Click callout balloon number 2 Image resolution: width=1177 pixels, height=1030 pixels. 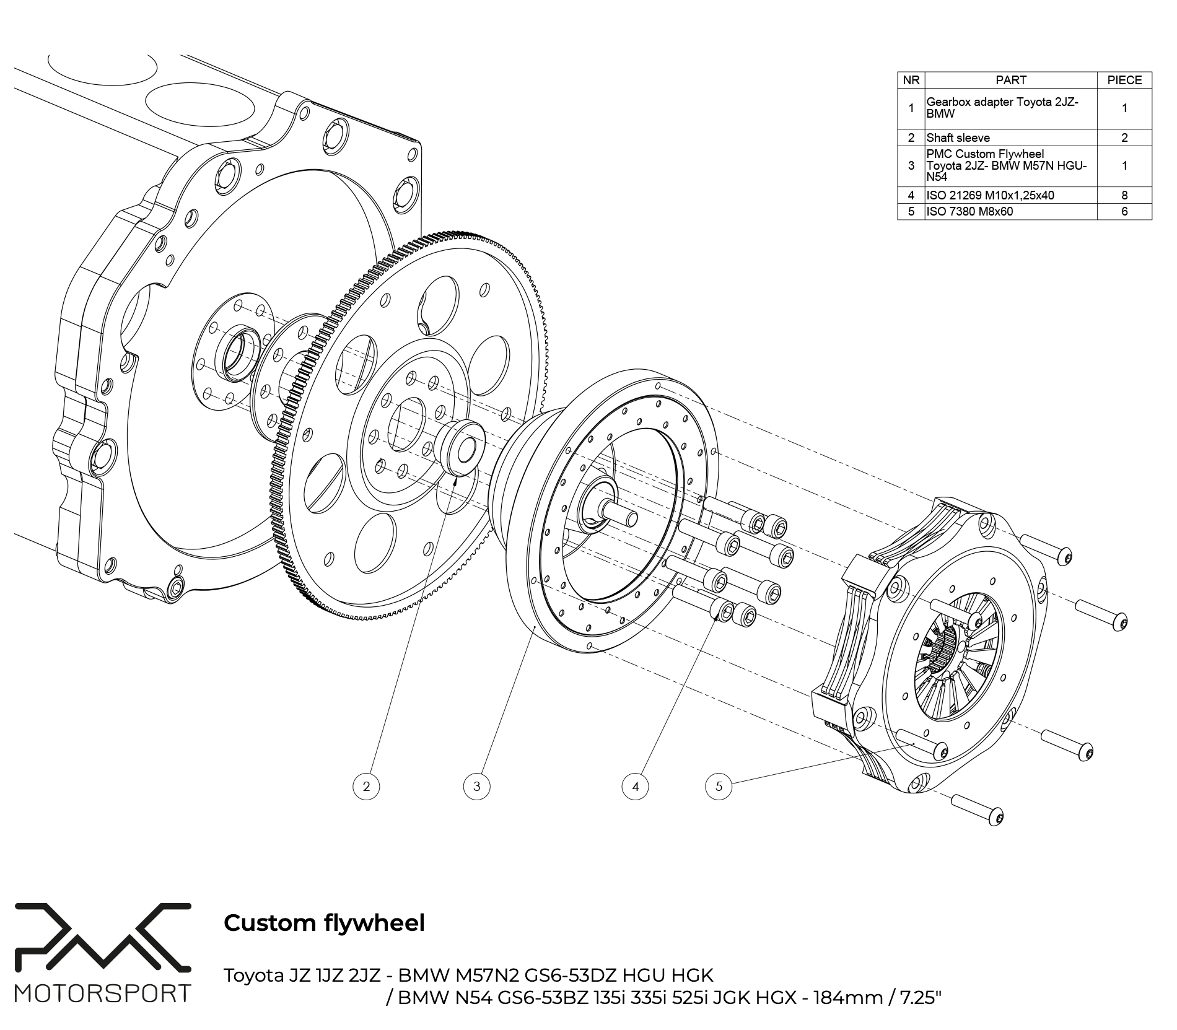(x=366, y=787)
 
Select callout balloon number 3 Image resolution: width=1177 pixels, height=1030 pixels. (x=476, y=787)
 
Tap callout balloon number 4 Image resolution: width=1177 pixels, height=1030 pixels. (x=635, y=787)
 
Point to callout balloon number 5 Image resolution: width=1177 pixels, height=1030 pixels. (x=719, y=787)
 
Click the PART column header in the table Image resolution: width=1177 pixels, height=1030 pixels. (x=1010, y=80)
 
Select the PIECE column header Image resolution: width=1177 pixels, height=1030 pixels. (x=1124, y=80)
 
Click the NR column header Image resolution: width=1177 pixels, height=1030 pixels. (x=911, y=80)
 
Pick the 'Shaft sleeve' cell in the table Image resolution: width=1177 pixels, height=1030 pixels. (x=958, y=137)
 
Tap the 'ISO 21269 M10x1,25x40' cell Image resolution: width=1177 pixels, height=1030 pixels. (x=990, y=195)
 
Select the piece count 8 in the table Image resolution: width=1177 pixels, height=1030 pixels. (x=1124, y=195)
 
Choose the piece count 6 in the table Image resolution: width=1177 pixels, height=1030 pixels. (x=1124, y=211)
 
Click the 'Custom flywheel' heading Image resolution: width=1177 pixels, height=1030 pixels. (x=324, y=923)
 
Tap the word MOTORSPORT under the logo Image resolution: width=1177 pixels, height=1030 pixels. (x=102, y=994)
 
